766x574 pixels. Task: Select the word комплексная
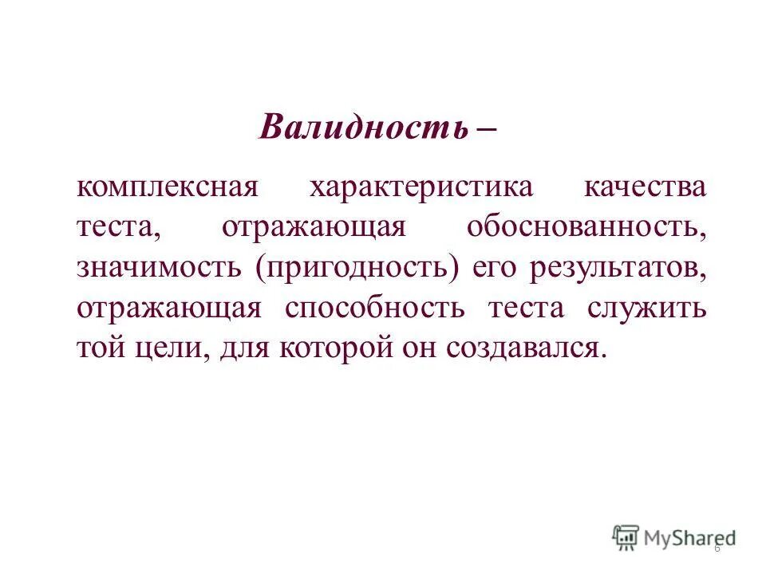(x=169, y=189)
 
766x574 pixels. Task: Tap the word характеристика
(x=421, y=189)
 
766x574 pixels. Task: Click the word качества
(x=645, y=187)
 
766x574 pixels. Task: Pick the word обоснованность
(x=586, y=227)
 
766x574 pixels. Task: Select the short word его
(x=496, y=269)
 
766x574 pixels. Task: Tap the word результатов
(x=618, y=268)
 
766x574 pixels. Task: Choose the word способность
(x=374, y=308)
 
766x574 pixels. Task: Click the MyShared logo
(x=674, y=537)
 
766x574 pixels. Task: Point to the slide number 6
(x=717, y=548)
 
